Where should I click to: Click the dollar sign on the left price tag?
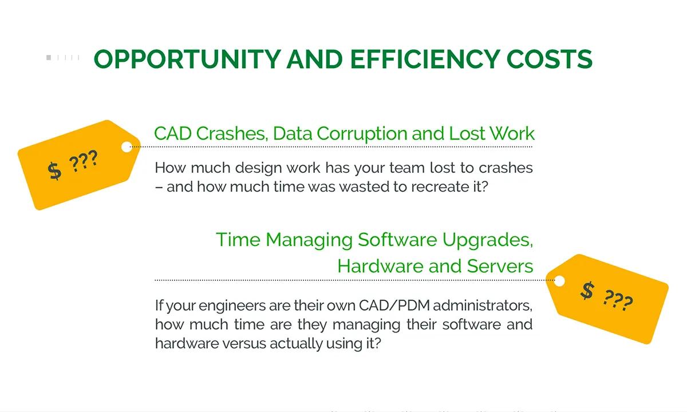[54, 171]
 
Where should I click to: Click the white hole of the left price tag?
[127, 147]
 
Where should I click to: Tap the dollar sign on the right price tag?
[587, 291]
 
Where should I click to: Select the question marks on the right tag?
[618, 300]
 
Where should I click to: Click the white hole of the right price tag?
[559, 280]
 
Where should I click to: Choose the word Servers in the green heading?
[500, 266]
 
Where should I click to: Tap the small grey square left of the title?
[49, 57]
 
